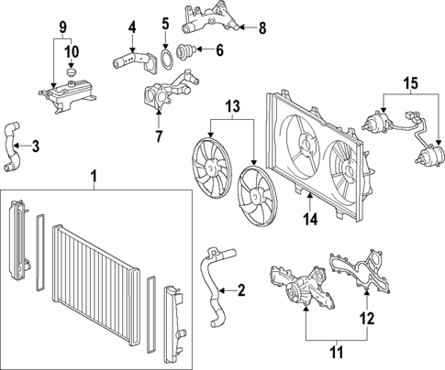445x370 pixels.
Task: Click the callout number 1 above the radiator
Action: click(x=93, y=174)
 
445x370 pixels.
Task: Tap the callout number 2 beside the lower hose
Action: click(x=241, y=292)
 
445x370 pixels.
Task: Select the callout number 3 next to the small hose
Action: click(x=35, y=146)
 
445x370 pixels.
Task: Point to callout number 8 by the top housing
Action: click(x=261, y=27)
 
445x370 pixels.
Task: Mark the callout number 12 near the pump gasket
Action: click(x=367, y=319)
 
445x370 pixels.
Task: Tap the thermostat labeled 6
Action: click(x=191, y=51)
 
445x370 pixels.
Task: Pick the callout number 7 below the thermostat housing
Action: click(x=157, y=136)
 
